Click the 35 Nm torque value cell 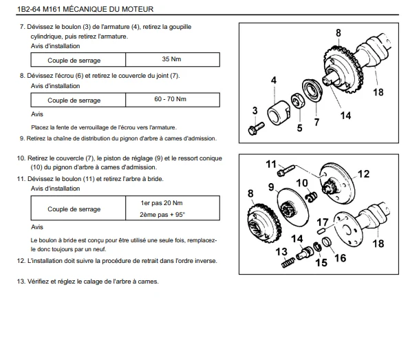[173, 60]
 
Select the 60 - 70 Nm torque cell [173, 100]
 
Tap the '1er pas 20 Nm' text [162, 203]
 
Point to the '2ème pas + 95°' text [162, 215]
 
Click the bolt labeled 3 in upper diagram [256, 129]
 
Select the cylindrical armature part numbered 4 [278, 113]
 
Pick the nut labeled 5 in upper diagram [297, 100]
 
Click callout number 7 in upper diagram [316, 122]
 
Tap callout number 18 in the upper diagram [378, 92]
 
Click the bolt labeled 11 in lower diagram [285, 170]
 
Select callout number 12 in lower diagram [363, 174]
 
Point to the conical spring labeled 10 [311, 196]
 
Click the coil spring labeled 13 [288, 262]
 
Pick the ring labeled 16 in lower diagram [327, 242]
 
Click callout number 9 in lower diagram [271, 187]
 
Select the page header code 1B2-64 [29, 9]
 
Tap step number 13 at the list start [21, 282]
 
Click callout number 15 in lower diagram [321, 262]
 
